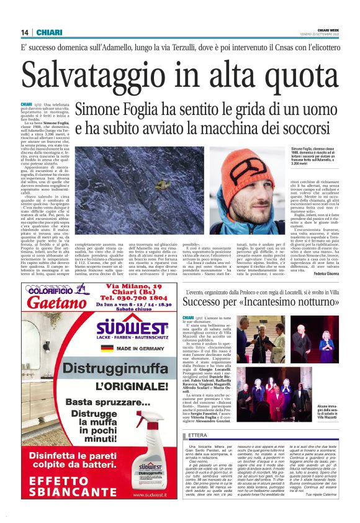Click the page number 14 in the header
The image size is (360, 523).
click(25, 32)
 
